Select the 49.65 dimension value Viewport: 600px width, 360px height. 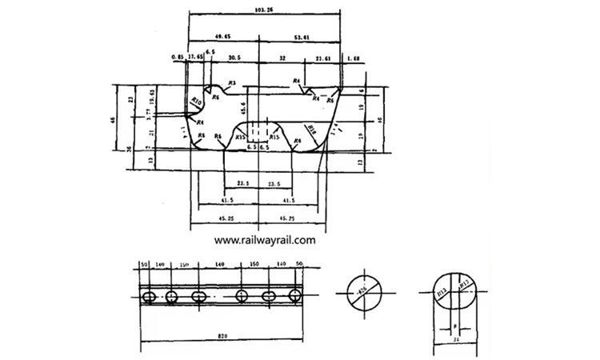coord(223,37)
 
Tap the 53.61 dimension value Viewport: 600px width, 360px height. coord(302,37)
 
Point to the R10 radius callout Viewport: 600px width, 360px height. coord(196,101)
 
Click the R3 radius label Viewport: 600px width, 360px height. coord(231,83)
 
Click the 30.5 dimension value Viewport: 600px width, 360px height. coord(234,58)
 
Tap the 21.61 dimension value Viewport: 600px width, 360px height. coord(323,58)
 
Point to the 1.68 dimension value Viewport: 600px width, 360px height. coord(354,58)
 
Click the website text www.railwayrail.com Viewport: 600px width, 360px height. coord(265,239)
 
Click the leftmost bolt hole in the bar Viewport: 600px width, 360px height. coord(148,297)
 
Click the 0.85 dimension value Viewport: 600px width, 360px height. coord(177,58)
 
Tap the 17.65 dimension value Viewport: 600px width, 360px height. coord(195,58)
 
